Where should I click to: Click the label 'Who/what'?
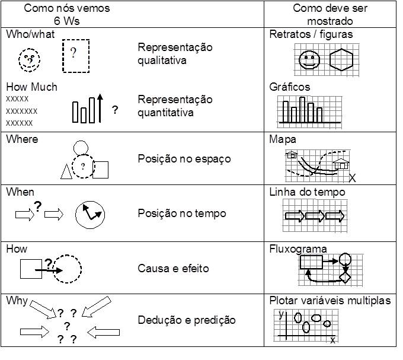pos(30,34)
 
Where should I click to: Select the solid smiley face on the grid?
pos(309,60)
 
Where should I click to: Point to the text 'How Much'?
pos(31,87)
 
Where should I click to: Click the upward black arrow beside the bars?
pos(100,108)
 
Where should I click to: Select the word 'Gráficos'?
pos(290,87)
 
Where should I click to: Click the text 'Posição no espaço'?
pos(184,159)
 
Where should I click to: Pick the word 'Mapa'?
pos(283,139)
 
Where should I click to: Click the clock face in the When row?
pos(90,215)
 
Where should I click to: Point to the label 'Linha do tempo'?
pos(307,192)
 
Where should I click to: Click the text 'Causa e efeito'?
pos(173,269)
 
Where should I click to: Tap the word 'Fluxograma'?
pos(298,249)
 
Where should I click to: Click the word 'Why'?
pos(17,301)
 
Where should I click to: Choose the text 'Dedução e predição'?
pos(187,320)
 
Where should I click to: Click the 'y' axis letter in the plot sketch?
pos(282,314)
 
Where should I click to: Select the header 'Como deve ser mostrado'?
pos(330,15)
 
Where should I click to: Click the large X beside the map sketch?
pos(353,178)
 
